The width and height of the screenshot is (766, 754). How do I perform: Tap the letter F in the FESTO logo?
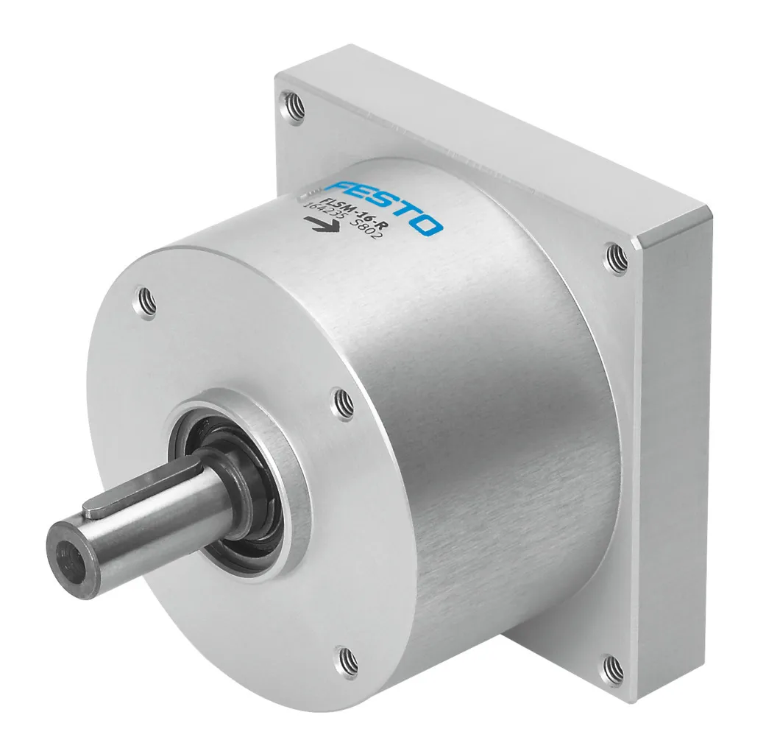[x=340, y=188]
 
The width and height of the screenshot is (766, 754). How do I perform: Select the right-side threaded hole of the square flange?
[x=617, y=256]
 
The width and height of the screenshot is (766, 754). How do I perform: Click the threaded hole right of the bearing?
[x=342, y=402]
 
